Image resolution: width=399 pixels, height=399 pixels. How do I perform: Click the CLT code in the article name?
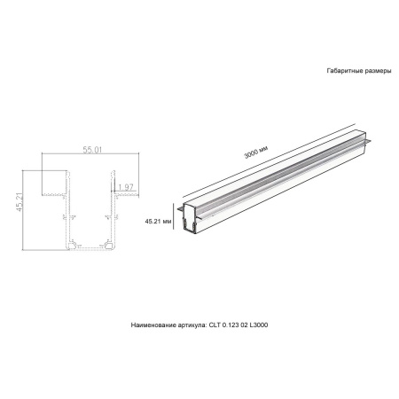pyautogui.click(x=215, y=325)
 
